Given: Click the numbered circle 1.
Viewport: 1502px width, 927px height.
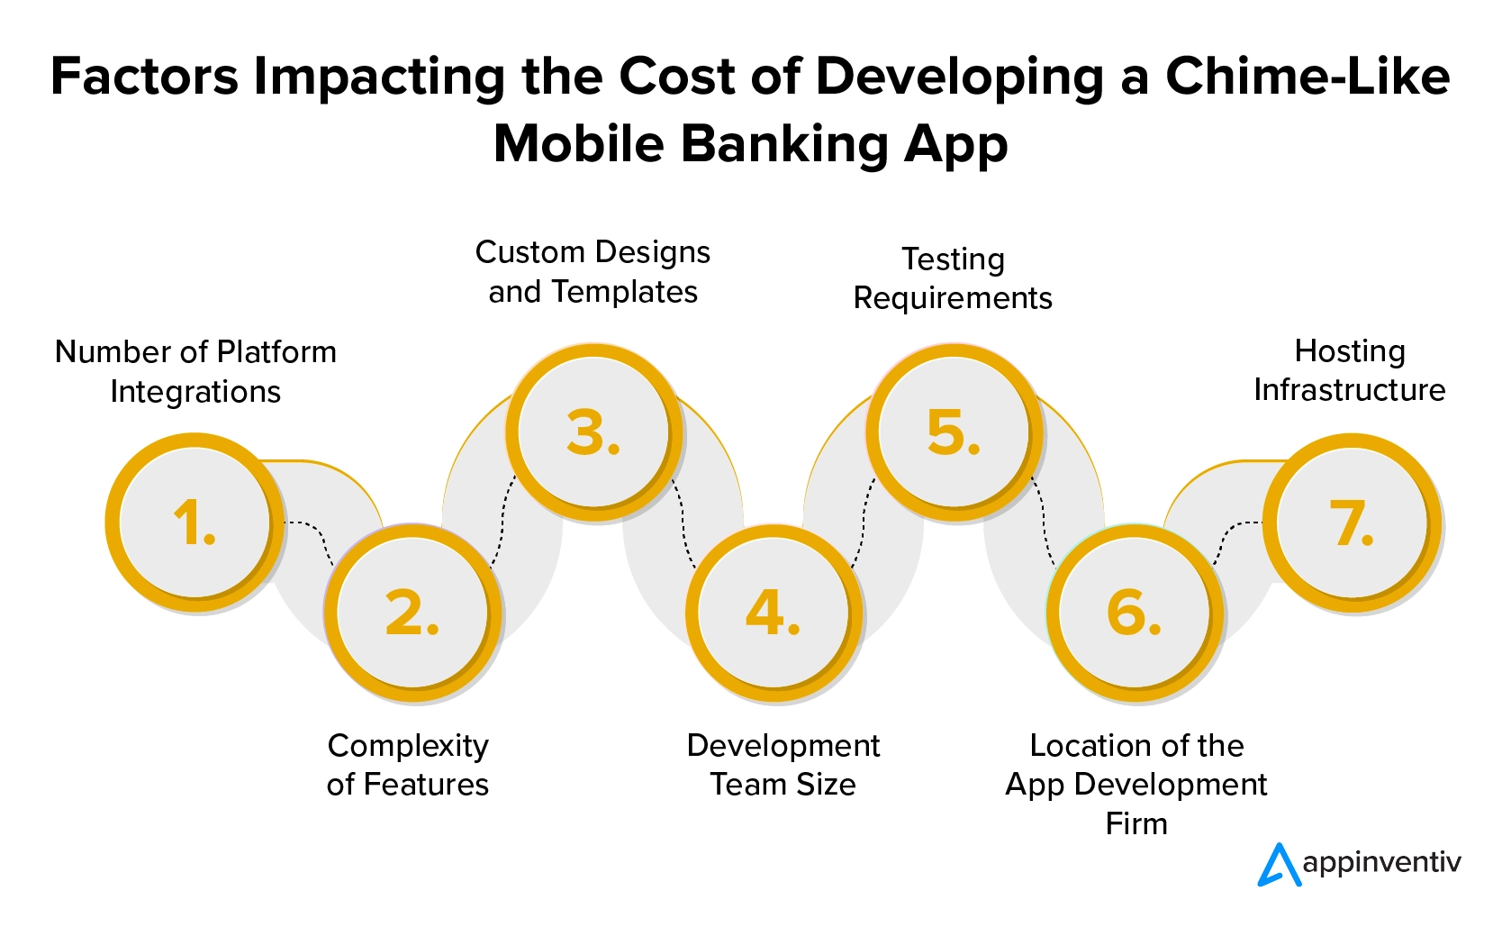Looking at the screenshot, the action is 195,522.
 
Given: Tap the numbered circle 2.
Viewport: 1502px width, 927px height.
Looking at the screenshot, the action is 412,613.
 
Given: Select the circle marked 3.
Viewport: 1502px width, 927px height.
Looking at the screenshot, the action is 593,432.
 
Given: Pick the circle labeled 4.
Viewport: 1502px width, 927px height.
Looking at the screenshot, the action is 774,613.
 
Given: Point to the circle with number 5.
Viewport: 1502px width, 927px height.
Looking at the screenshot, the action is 955,432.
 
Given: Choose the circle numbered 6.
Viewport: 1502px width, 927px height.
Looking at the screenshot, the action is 1135,613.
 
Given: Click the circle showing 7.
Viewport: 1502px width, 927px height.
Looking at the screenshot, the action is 1352,522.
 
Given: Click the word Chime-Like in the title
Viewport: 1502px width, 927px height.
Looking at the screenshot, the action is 1308,77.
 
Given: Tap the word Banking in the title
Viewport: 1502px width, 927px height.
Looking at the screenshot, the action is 783,145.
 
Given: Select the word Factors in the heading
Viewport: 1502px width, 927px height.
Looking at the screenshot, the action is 144,77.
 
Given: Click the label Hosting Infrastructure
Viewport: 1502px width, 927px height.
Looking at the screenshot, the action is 1350,370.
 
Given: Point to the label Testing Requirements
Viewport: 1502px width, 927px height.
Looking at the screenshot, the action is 953,278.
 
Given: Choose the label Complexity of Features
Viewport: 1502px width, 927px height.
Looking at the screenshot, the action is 408,765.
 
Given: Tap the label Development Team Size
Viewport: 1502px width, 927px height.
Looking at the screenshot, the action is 783,765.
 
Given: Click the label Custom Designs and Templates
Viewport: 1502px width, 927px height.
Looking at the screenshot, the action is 593,272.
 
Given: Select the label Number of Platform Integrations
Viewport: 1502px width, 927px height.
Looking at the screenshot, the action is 195,371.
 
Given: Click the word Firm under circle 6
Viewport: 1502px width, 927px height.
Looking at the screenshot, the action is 1136,823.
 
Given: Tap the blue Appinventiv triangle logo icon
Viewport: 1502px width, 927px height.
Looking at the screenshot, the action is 1280,865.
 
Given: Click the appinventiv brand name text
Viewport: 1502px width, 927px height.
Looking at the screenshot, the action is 1381,863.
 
